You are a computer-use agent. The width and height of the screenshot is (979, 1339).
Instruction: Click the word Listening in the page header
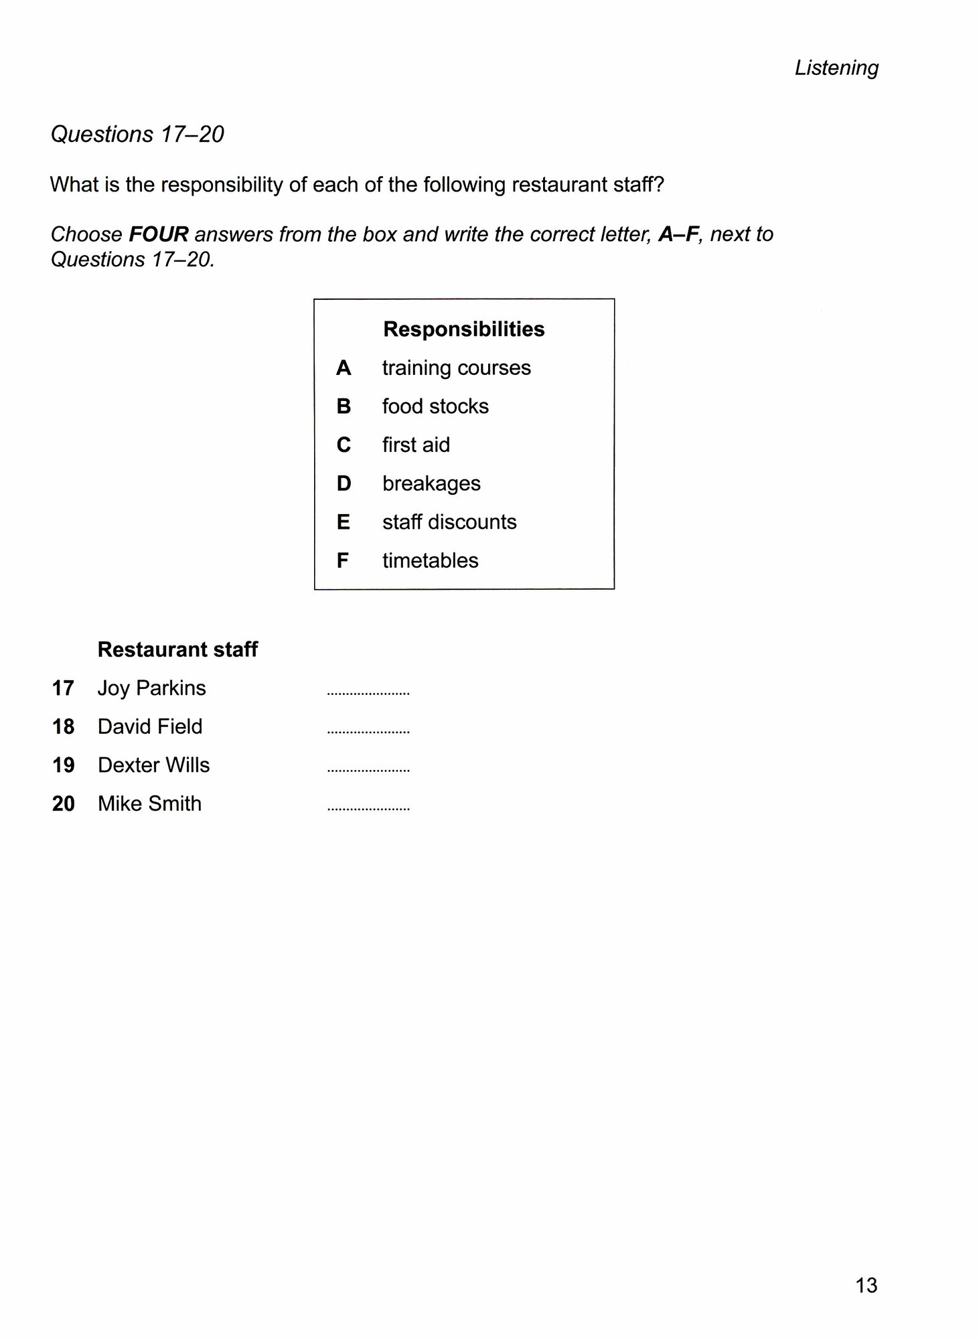coord(836,68)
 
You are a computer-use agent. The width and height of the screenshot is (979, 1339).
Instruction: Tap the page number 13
coord(866,1285)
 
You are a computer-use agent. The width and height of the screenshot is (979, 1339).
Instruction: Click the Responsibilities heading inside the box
coord(463,329)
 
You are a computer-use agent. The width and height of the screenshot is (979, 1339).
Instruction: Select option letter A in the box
coord(344,368)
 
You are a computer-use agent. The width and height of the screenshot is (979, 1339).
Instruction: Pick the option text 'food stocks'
coord(435,406)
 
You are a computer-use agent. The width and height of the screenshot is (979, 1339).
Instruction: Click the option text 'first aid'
coord(416,445)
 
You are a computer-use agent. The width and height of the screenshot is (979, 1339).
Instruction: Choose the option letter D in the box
coord(344,483)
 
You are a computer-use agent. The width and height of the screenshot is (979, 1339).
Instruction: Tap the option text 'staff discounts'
coord(449,522)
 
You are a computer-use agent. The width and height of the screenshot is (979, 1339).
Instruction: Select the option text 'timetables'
coord(430,560)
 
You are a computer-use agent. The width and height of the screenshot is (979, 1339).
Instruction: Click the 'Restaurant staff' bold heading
coord(177,649)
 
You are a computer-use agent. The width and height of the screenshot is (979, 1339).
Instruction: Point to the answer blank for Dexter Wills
coord(368,771)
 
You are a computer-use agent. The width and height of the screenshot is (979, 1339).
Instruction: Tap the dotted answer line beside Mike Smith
coord(368,809)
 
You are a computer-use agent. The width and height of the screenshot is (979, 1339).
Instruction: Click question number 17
coord(63,688)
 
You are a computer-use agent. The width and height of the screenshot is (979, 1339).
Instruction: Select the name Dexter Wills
coord(153,765)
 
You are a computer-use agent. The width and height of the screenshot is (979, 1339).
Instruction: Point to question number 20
coord(63,803)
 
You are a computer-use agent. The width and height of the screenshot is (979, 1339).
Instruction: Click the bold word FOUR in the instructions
coord(158,234)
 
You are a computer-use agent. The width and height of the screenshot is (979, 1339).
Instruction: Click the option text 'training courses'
coord(456,368)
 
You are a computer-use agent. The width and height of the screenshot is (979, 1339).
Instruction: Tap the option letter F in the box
coord(343,560)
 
